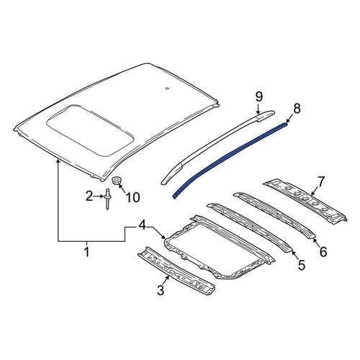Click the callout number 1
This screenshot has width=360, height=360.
tap(87, 251)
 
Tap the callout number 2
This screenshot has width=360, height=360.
tap(89, 197)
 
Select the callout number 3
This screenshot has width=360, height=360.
tap(161, 289)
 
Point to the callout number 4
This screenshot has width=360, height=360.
tap(143, 225)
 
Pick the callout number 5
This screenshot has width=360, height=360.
tap(302, 265)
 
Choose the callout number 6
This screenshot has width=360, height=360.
tap(323, 251)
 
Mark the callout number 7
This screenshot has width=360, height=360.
tap(321, 182)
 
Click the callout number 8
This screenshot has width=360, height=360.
tap(297, 109)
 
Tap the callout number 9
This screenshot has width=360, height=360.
tap(259, 96)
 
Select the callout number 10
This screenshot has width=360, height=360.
tap(132, 197)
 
